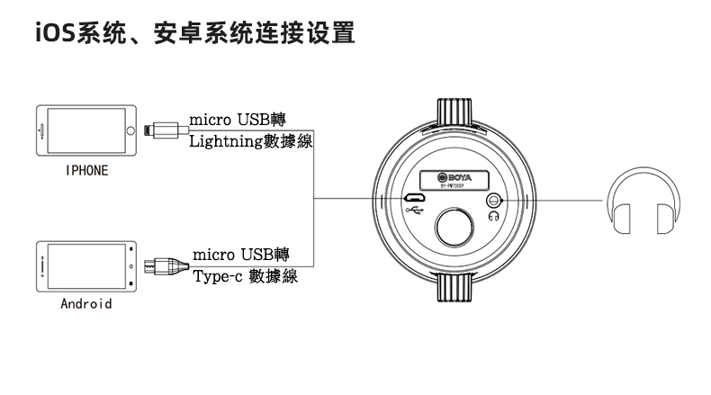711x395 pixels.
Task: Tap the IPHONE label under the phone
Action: tap(86, 171)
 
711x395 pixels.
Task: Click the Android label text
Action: tap(86, 303)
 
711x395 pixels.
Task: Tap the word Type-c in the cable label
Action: tap(215, 277)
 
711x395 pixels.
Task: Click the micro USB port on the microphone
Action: tap(415, 198)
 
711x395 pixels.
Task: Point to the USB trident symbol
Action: tap(415, 212)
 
